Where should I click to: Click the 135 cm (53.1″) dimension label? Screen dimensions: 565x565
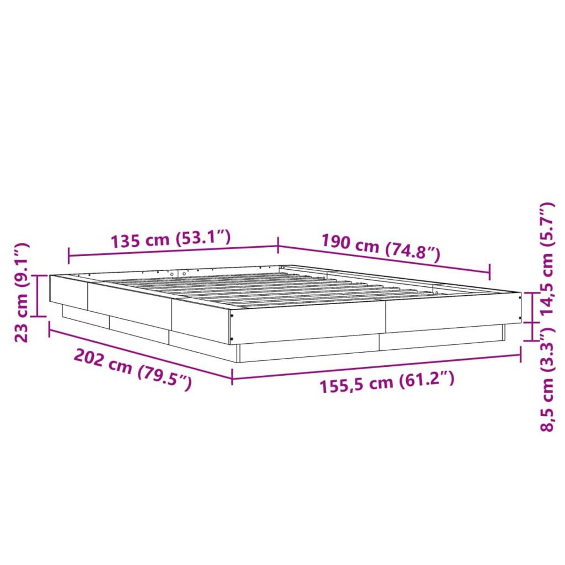(x=170, y=240)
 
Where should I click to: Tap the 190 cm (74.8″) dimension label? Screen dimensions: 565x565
(x=380, y=248)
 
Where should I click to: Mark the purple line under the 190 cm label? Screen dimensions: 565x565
(x=384, y=258)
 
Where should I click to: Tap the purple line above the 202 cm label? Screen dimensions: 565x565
(x=140, y=351)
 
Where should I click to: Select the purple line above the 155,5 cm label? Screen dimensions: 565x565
(x=377, y=365)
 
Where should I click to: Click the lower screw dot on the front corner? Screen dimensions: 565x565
(x=233, y=339)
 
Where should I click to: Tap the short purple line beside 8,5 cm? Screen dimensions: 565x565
(x=533, y=331)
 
